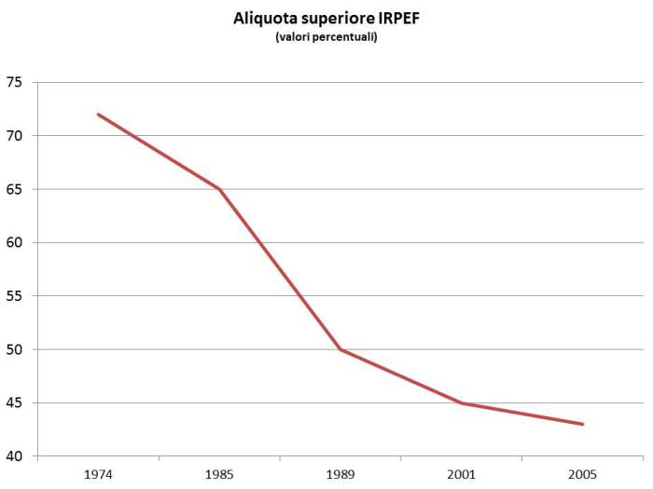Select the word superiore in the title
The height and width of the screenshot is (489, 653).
[334, 19]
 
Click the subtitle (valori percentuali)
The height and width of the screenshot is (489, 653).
[326, 37]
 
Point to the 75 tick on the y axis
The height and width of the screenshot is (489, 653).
[14, 82]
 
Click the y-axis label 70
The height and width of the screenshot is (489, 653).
[14, 136]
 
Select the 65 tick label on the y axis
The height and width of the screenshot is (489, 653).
[14, 189]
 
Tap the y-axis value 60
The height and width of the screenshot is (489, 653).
[14, 243]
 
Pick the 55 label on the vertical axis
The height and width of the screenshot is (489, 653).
[14, 296]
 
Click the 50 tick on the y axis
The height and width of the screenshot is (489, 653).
[14, 350]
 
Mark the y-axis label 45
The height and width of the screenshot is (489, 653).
[14, 403]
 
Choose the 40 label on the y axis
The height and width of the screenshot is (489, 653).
[14, 456]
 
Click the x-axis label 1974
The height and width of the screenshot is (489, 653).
[98, 473]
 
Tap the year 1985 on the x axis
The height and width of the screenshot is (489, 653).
[219, 473]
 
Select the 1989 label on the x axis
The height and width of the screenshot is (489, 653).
[340, 473]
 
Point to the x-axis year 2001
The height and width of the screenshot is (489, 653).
[462, 473]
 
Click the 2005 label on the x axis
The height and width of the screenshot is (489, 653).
[583, 473]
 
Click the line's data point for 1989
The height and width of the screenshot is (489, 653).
[340, 349]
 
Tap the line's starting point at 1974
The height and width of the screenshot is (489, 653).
[98, 115]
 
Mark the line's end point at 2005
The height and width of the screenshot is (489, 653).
[583, 425]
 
